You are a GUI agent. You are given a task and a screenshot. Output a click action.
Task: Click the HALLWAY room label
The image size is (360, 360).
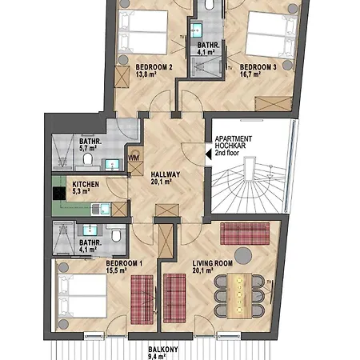[x=166, y=174]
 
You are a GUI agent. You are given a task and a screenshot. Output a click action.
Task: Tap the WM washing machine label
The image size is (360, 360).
[x=134, y=158]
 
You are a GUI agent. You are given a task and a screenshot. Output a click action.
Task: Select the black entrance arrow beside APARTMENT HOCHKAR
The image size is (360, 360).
[x=209, y=154]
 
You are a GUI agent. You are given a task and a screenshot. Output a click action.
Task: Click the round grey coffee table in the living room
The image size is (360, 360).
[x=243, y=255]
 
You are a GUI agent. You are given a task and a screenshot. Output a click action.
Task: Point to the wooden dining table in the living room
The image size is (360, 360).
[x=239, y=295]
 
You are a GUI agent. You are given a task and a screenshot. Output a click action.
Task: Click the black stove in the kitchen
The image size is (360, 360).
[x=59, y=194]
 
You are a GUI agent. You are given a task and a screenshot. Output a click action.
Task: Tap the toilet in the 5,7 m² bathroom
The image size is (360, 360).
[x=87, y=159]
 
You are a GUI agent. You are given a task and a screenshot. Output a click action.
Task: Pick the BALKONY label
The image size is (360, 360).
[x=163, y=350]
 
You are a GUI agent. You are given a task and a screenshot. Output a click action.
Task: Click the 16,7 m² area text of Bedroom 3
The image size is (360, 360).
[x=250, y=74]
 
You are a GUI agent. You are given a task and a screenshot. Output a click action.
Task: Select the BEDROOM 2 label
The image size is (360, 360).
[x=154, y=67]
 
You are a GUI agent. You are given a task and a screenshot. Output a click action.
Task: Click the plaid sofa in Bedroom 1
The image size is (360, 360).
[x=142, y=299]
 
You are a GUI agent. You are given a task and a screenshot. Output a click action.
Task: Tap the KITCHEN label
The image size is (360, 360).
[x=86, y=184]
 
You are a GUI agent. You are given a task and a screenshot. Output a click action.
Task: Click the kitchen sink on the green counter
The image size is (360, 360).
[x=101, y=209]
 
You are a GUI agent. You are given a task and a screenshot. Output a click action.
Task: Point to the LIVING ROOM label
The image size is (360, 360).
[x=213, y=263]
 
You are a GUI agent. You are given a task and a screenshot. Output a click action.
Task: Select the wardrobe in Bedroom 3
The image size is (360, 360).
[x=273, y=104]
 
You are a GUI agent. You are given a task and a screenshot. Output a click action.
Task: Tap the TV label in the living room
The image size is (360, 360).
[x=269, y=282]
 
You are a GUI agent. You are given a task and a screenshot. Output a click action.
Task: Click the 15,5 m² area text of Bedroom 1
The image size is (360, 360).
[x=116, y=270]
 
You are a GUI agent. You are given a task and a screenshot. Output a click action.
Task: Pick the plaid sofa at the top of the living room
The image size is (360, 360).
[x=245, y=234]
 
